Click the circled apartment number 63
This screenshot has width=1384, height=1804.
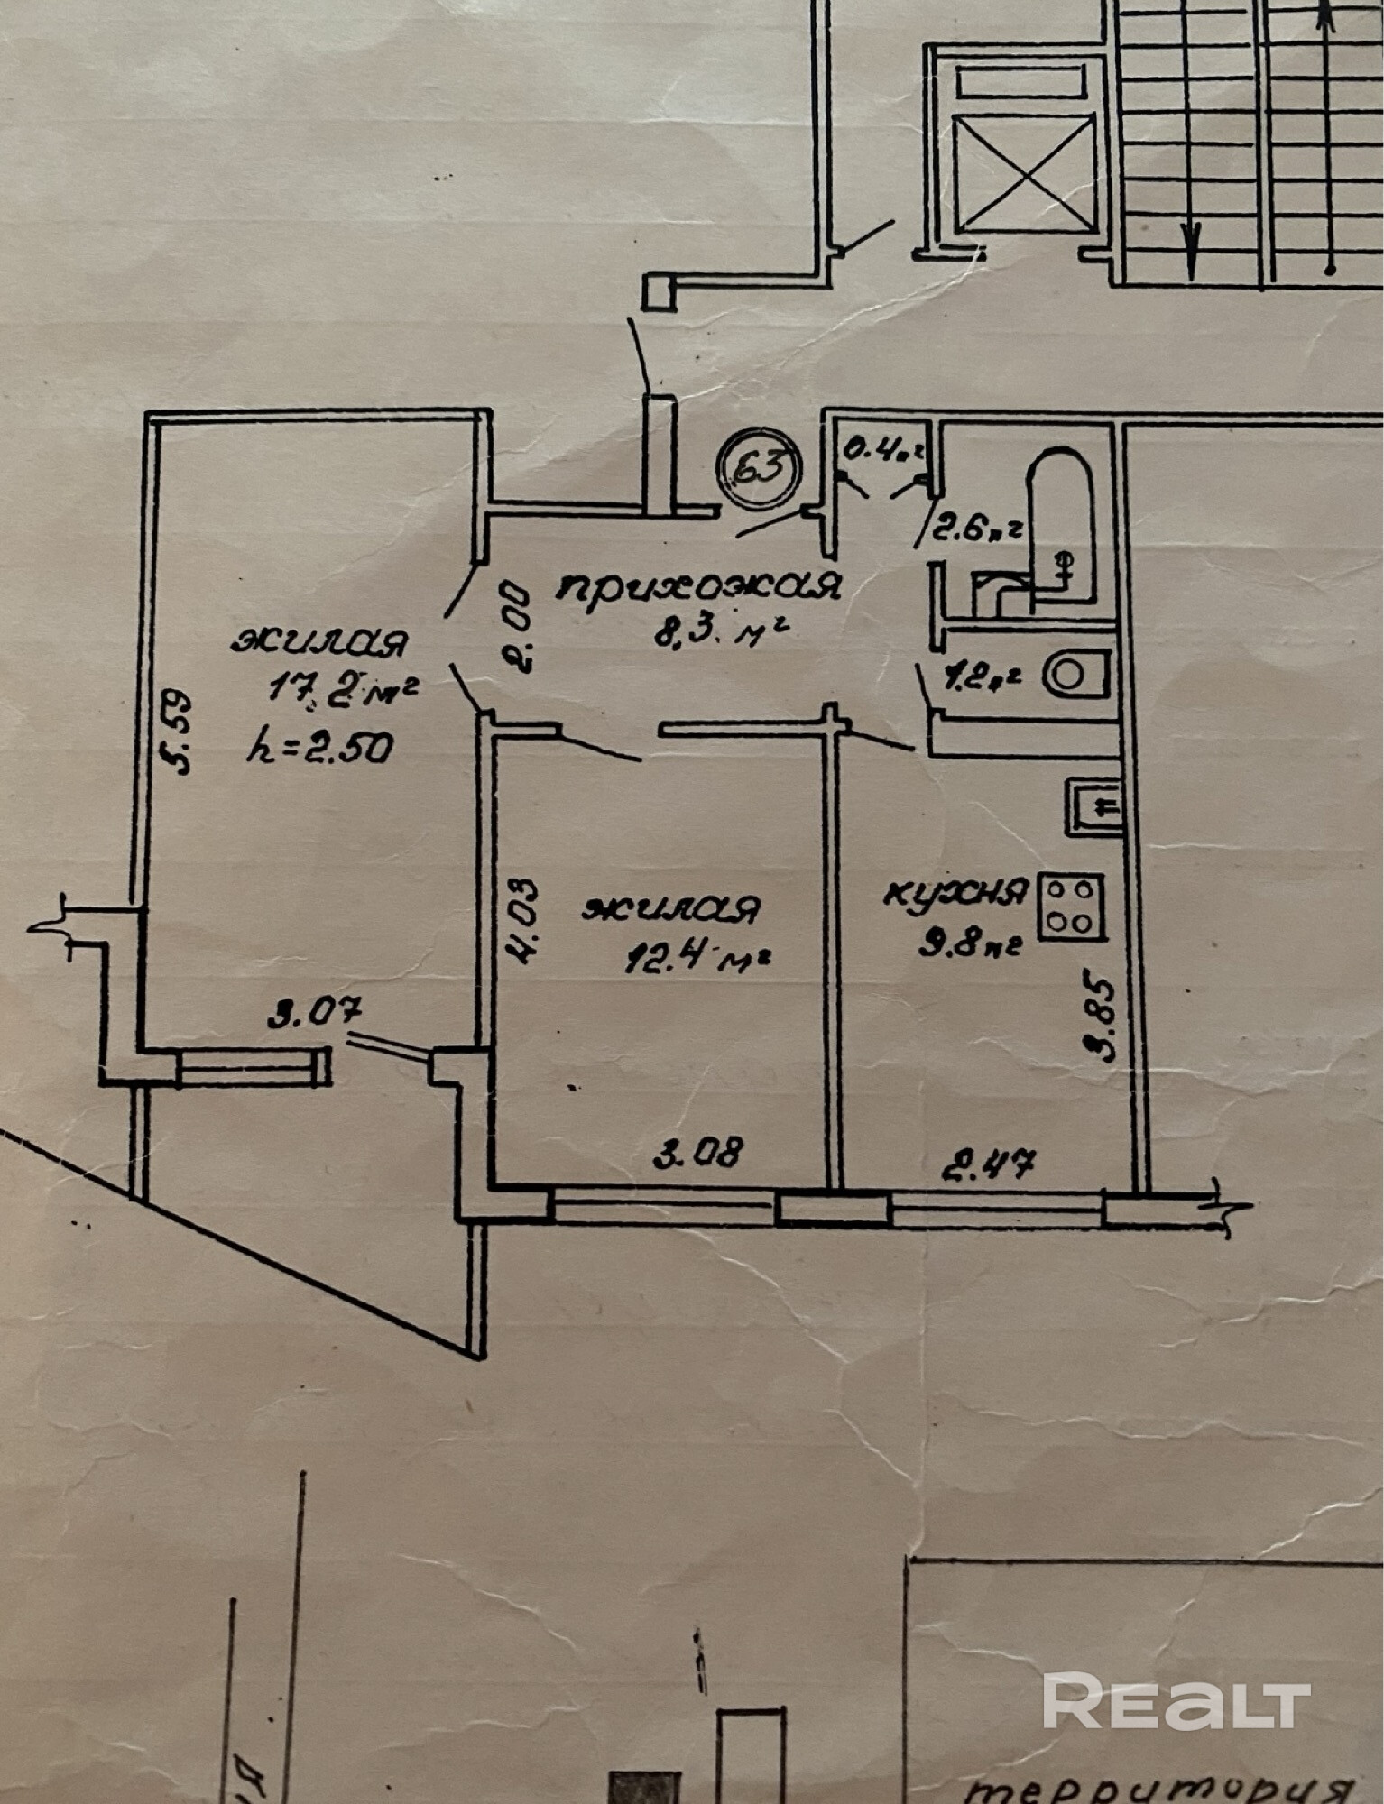(x=758, y=467)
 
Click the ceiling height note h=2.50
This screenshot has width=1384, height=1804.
(x=320, y=747)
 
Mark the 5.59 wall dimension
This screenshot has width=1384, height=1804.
(x=177, y=732)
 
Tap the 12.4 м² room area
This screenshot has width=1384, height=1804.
(x=696, y=957)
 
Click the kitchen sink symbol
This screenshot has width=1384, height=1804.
(x=1092, y=805)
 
